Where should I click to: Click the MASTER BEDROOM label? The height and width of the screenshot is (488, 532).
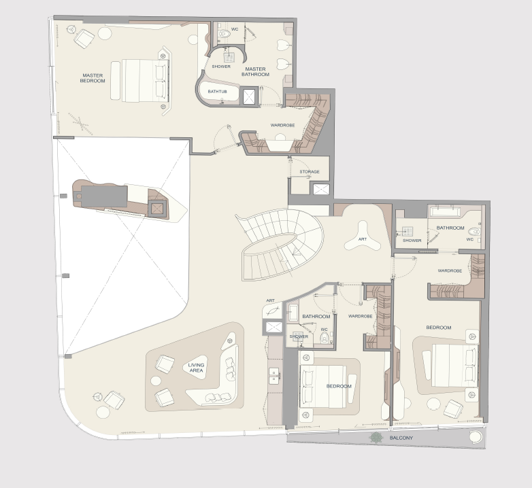point(93,78)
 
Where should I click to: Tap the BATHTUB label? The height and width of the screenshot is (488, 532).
point(218,92)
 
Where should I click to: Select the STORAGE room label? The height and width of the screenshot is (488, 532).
point(310,172)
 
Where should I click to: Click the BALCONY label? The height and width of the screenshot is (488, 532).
point(401,438)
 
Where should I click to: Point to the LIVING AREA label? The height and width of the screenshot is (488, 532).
point(196,368)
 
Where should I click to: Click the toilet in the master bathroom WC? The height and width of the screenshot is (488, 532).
point(224,33)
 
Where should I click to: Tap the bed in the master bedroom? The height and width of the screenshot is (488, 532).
point(141,81)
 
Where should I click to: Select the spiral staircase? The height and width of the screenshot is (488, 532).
point(280,244)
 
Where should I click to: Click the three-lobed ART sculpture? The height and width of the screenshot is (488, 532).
point(363,237)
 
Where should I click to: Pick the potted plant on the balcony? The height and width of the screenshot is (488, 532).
point(376,438)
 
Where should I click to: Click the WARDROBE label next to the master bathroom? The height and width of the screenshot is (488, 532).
point(282,125)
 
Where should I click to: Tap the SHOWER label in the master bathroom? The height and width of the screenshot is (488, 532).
point(221,67)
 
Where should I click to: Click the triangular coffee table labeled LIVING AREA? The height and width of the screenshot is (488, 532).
point(196,367)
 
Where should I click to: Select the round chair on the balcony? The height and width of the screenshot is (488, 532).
point(475,436)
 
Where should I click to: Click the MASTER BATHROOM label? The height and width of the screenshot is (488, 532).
point(255,71)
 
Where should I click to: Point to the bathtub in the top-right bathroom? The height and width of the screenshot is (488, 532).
point(445,212)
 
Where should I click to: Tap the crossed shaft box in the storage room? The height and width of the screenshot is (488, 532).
point(321,189)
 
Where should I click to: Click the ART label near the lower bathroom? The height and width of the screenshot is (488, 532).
point(270,300)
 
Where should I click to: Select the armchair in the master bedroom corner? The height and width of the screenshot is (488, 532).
point(84,38)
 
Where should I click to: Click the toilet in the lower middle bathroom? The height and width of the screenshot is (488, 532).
point(325,338)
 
